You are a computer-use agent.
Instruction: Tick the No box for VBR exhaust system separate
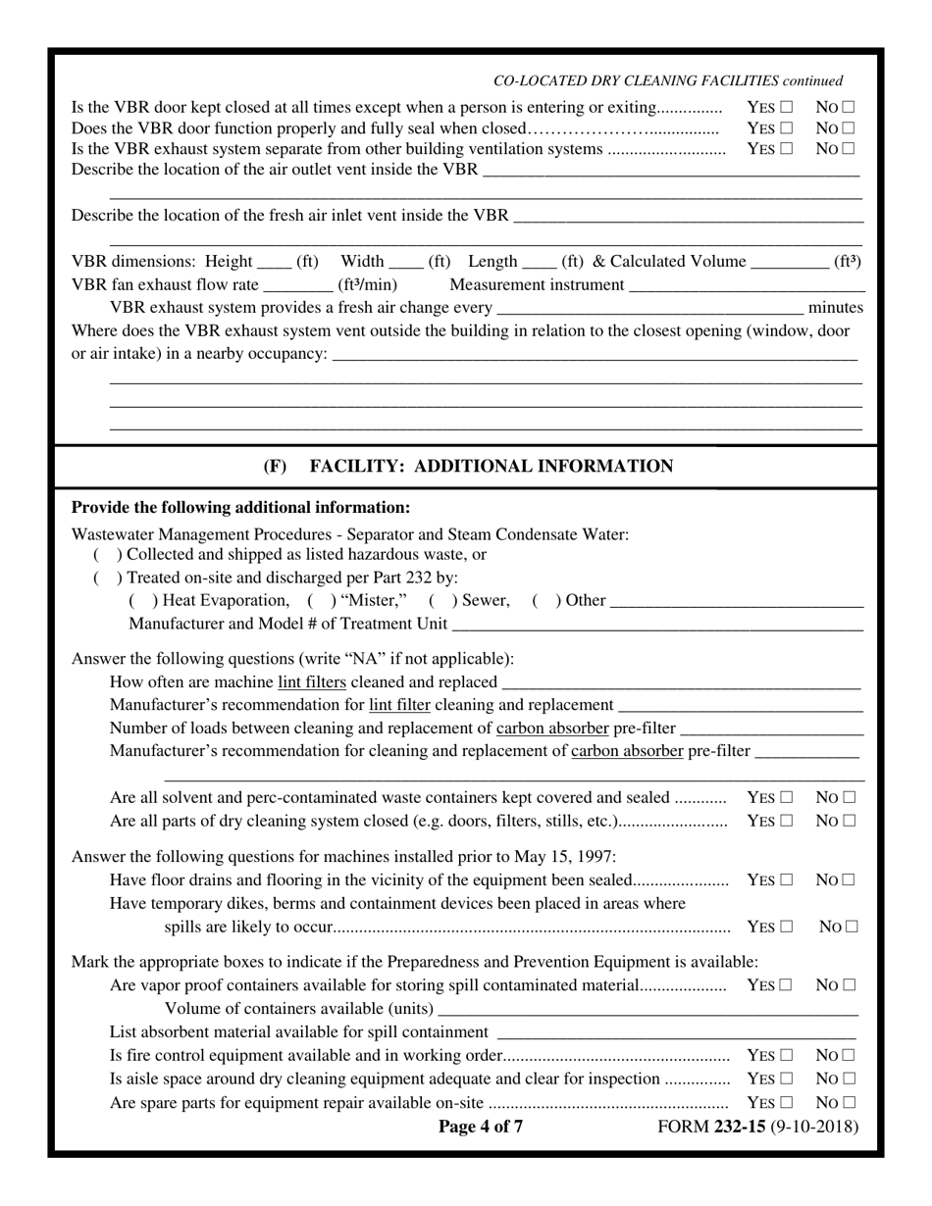849,150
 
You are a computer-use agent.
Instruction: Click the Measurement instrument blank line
746,285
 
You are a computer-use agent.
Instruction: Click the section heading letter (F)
276,467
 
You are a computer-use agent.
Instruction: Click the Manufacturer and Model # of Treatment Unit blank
657,625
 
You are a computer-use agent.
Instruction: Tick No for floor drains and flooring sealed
849,880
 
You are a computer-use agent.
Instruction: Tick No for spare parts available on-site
849,1103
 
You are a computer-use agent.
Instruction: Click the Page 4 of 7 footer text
481,1127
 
